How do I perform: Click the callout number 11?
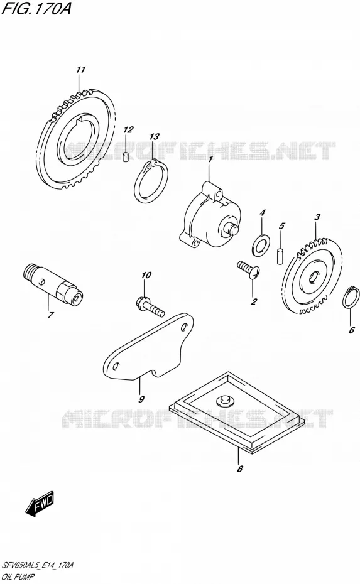point(81,69)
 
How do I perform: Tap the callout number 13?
point(155,137)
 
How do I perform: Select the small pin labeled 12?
point(126,157)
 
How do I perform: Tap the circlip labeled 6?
point(351,298)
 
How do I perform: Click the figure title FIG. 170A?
point(36,8)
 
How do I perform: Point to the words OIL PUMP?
point(18,577)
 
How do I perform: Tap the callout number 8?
point(240,468)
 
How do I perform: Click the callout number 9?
point(141,399)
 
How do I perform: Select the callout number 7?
point(50,315)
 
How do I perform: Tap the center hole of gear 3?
point(313,276)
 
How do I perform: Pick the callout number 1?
point(210,160)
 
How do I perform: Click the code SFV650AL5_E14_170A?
point(38,565)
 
